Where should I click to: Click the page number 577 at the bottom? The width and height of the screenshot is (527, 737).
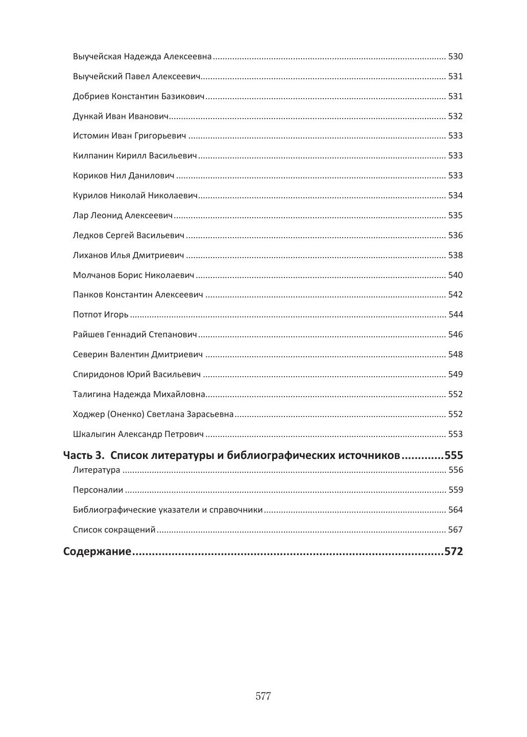263,696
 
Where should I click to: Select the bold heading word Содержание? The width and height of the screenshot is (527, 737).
97,551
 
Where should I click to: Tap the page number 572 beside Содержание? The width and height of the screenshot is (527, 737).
453,551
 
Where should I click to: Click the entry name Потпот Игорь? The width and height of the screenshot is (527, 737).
101,315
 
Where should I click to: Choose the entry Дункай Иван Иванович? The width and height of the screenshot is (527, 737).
121,117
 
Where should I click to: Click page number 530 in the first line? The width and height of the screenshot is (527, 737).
455,57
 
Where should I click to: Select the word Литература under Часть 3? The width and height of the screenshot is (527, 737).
97,470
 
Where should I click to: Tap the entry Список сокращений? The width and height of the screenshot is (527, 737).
114,530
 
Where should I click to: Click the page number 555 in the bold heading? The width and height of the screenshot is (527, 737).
453,455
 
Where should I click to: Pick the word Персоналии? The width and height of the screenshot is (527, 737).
98,490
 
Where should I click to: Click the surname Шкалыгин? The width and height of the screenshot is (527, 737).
94,434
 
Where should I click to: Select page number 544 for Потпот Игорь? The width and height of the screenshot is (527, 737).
456,315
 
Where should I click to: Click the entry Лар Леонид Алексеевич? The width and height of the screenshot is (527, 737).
123,216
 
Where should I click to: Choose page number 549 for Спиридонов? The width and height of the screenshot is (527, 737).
455,375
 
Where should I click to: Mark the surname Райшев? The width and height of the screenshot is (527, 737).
88,335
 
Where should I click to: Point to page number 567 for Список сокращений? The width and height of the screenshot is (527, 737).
455,530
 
